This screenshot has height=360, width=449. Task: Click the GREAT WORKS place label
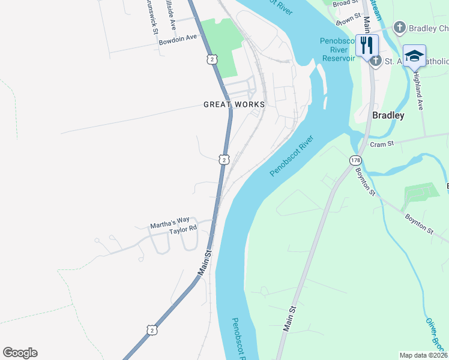point(234,104)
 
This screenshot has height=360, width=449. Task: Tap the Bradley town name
point(388,115)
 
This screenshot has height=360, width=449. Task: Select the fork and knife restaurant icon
point(367,45)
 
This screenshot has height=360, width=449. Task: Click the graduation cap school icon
point(414,55)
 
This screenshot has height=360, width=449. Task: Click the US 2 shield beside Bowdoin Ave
point(210,59)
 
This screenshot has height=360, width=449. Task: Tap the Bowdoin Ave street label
point(178,40)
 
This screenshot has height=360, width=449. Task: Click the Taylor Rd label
point(182,229)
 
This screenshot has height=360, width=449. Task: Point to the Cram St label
point(381,144)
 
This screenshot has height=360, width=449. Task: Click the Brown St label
point(348,20)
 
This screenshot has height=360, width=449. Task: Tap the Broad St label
point(345,4)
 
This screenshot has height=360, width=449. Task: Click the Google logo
point(20,353)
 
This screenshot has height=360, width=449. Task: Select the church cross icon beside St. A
point(376,60)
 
